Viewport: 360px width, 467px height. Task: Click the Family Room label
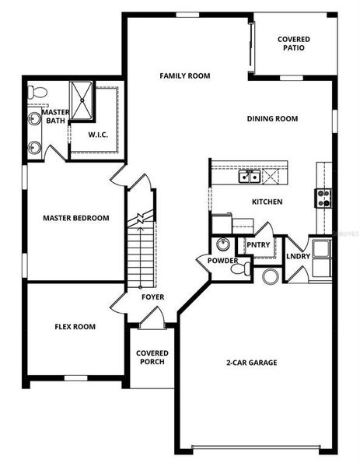coord(184,75)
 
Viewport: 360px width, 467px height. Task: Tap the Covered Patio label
coord(294,44)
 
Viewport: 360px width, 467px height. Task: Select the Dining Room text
coord(272,119)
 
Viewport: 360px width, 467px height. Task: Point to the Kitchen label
coord(267,202)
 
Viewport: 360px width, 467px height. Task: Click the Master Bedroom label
coord(75,218)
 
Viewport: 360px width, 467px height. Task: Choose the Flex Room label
coord(75,327)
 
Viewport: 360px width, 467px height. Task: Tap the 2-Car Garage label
coord(251,363)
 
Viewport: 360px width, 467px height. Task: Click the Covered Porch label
coord(152,358)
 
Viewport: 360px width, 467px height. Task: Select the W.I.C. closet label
coord(97,134)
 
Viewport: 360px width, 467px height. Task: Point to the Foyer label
coord(152,297)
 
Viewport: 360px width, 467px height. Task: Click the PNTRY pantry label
coord(257,245)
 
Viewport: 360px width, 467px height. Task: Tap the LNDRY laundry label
coord(299,256)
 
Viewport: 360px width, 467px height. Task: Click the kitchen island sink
coord(250,177)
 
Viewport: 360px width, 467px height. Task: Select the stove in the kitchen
coord(323,198)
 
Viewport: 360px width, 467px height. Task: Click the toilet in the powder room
coord(245,269)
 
